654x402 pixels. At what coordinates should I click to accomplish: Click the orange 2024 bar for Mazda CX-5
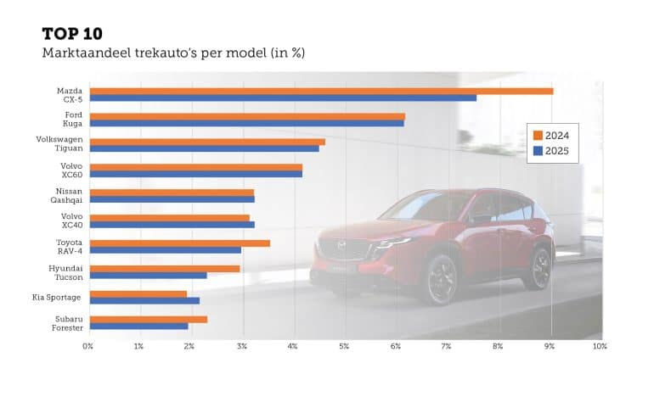321,91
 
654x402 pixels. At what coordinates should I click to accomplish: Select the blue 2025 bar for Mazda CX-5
283,98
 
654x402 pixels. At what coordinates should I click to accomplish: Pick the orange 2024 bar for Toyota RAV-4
179,243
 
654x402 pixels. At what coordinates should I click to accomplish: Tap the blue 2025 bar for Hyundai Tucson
148,276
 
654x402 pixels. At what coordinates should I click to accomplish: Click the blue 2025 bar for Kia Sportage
144,300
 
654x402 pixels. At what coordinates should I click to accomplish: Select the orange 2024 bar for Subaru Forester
148,319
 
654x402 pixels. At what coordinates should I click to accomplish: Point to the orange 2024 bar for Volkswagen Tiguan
207,142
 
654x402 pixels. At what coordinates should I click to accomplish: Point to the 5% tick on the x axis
344,346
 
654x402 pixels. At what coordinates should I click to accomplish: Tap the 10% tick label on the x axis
598,346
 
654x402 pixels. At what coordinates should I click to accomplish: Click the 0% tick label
87,346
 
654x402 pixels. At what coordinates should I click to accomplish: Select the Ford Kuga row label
73,120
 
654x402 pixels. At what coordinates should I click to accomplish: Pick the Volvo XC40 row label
71,221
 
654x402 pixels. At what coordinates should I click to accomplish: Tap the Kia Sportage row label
56,297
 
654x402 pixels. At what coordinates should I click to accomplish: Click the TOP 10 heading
72,34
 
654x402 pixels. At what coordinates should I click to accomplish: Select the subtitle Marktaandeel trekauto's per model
173,53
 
